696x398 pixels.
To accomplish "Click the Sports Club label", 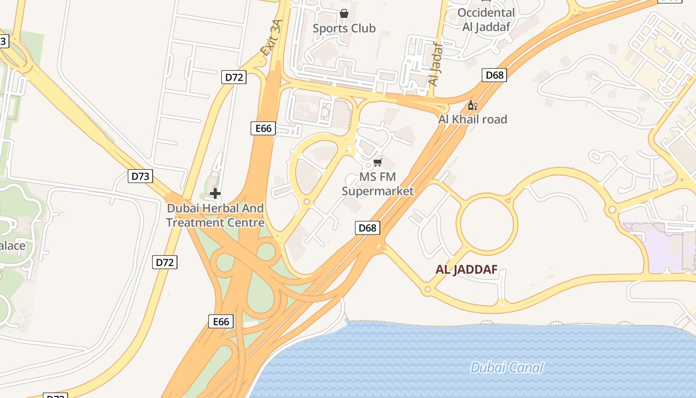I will click(x=344, y=28).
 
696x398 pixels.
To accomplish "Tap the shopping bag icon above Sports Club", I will click(x=344, y=13).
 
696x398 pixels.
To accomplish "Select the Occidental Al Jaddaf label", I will click(x=486, y=20).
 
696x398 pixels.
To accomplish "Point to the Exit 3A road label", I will click(x=271, y=38).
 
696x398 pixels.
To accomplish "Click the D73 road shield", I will click(x=140, y=176).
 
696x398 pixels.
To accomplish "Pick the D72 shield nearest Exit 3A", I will click(x=234, y=77).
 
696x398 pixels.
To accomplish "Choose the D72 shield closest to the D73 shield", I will click(x=165, y=262).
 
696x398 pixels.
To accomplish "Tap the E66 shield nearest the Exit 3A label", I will click(x=263, y=128).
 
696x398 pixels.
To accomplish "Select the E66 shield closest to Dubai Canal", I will click(x=221, y=321).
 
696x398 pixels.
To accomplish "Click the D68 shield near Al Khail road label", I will click(x=494, y=75).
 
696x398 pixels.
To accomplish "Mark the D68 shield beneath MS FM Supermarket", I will click(x=367, y=228).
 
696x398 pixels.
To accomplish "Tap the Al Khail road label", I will click(x=472, y=119).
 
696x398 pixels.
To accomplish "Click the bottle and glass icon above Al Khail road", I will click(x=472, y=105).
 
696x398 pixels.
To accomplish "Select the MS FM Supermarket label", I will click(x=378, y=184).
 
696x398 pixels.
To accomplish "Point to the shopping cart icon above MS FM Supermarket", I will click(x=378, y=163).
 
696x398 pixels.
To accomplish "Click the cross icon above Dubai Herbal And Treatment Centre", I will click(x=215, y=193).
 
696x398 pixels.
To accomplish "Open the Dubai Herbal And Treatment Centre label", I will click(x=215, y=215).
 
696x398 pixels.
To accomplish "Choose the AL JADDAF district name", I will click(x=466, y=270).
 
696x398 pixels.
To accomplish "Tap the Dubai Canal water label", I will click(x=507, y=368).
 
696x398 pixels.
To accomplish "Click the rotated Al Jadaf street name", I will click(x=435, y=64).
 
